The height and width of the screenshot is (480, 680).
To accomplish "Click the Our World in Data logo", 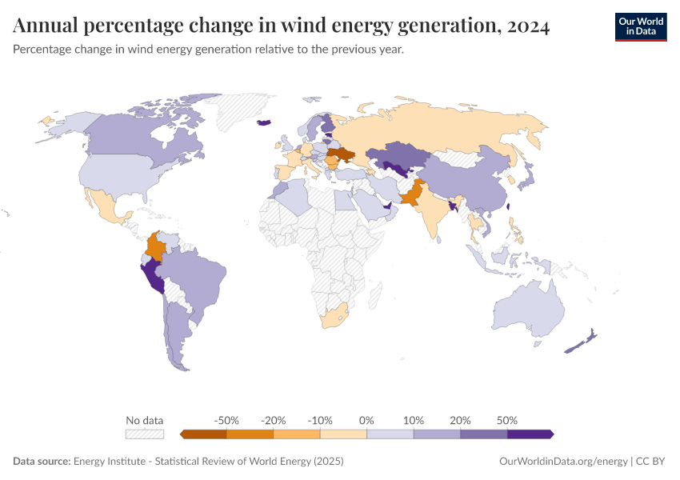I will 640,26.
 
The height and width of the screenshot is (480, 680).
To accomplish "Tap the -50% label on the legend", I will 227,420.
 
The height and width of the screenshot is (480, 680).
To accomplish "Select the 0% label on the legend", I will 366,420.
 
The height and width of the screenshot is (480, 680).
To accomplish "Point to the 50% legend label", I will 507,420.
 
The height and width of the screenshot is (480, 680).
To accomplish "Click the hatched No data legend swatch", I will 145,434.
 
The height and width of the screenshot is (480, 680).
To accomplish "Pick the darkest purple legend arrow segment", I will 530,434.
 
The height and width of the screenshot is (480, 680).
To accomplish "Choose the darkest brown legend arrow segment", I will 204,434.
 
